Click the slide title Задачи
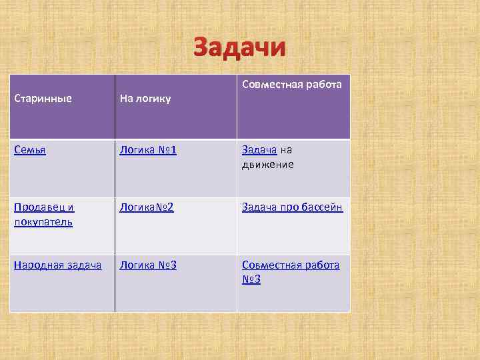point(239,48)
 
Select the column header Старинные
point(43,99)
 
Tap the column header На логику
point(145,99)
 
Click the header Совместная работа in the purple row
point(292,84)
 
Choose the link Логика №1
point(147,150)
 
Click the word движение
point(268,164)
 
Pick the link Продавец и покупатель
point(44,214)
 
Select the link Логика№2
point(147,207)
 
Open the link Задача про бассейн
point(292,207)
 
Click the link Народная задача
point(57,265)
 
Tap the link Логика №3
point(147,265)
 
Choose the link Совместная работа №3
point(291,272)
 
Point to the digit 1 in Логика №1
point(173,150)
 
